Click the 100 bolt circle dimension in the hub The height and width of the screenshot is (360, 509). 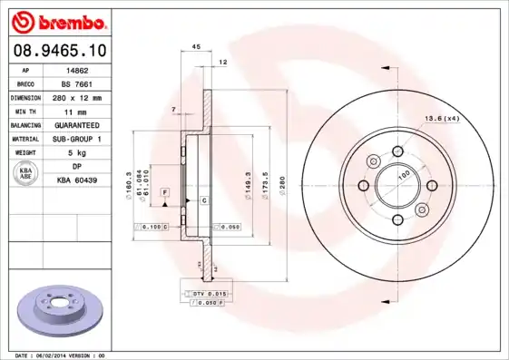[x=405, y=173]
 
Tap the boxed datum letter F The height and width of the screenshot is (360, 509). [x=165, y=193]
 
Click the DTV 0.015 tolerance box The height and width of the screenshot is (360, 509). [x=208, y=295]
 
